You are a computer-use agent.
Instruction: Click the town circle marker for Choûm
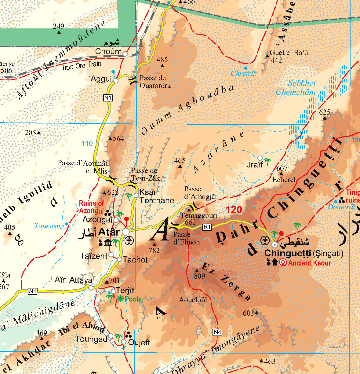point(125,54)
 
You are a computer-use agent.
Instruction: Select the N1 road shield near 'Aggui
point(108,98)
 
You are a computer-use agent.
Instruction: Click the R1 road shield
point(207,227)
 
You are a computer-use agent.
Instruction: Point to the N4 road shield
point(217,332)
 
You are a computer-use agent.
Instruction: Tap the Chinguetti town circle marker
point(275,244)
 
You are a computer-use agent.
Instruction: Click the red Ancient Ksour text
point(309,263)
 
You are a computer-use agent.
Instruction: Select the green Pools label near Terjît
point(133,299)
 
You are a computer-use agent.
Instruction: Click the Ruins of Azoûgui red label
point(91,207)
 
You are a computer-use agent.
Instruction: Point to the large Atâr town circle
point(126,232)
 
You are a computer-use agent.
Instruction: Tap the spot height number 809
point(199,276)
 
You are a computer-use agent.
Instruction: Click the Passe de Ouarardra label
point(155,82)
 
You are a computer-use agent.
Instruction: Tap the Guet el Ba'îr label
point(289,53)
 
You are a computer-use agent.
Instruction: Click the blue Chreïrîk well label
point(244,73)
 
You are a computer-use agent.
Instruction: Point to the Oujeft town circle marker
point(124,342)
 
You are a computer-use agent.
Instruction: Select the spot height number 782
point(154,250)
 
